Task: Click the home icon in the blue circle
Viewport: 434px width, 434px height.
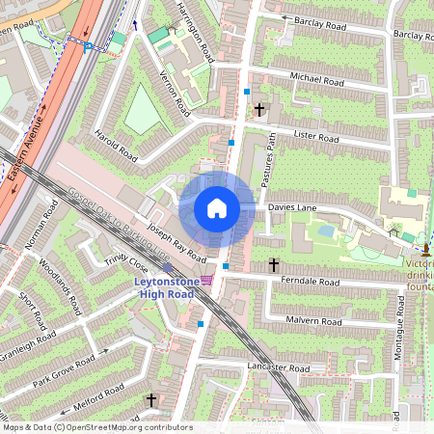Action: (217, 207)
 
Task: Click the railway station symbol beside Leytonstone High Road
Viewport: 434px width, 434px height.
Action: (206, 280)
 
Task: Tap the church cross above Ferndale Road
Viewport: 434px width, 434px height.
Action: (273, 263)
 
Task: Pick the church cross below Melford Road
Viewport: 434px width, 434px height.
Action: (150, 398)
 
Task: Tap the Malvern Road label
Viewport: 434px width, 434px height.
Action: (314, 321)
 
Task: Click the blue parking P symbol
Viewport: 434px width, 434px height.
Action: (88, 45)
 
